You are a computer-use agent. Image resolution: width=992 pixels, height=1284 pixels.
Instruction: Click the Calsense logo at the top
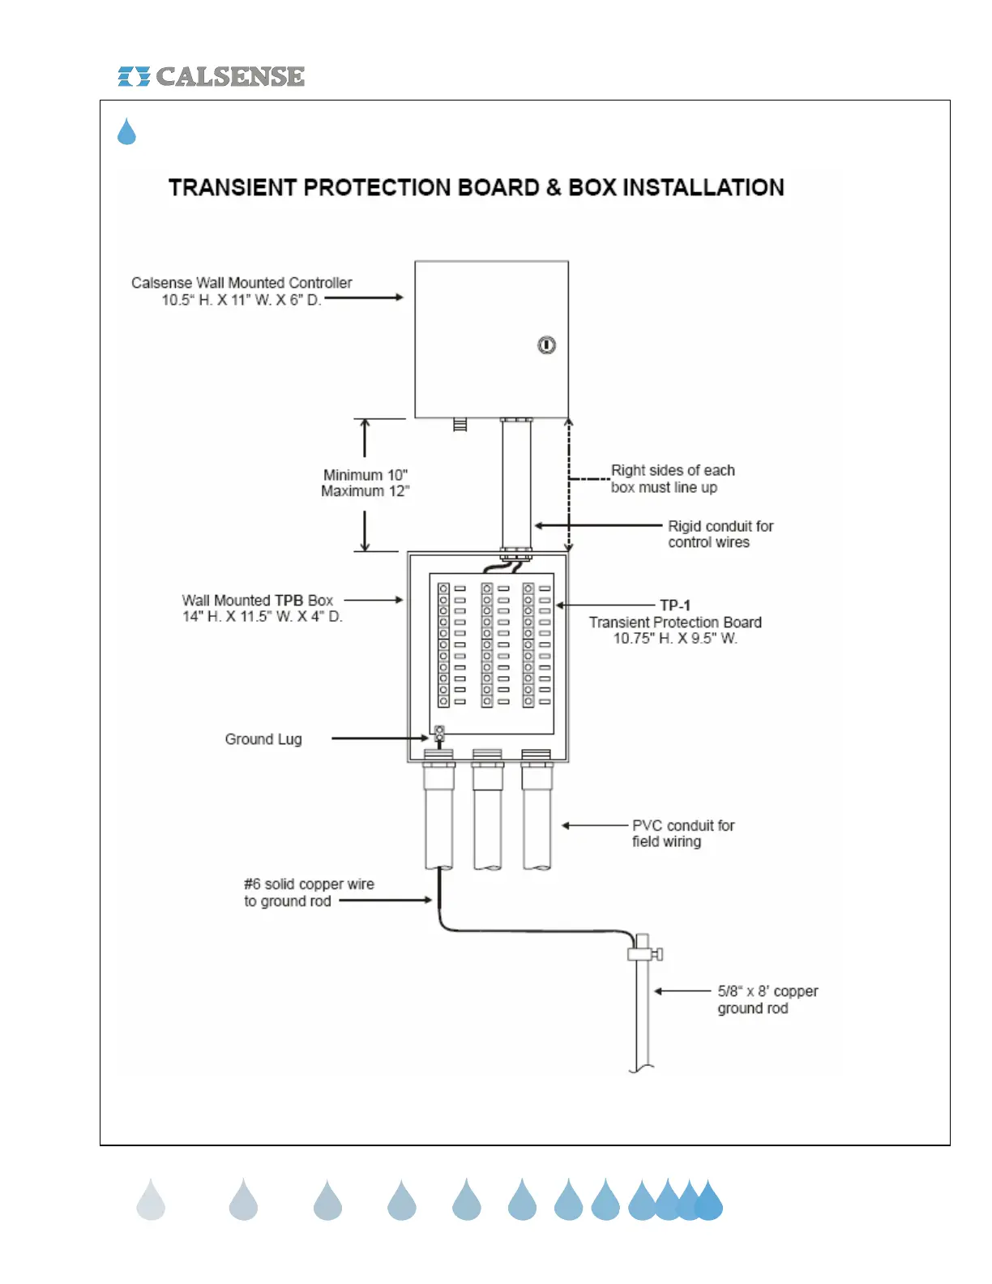pyautogui.click(x=211, y=76)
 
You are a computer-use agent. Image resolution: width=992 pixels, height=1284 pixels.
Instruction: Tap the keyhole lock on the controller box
pyautogui.click(x=547, y=345)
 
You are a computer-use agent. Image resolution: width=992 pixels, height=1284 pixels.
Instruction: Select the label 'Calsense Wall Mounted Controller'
pyautogui.click(x=242, y=283)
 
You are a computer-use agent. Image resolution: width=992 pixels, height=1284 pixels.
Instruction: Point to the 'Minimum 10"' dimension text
pyautogui.click(x=366, y=475)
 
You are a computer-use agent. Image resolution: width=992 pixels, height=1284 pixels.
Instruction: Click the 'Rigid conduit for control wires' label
pyautogui.click(x=720, y=534)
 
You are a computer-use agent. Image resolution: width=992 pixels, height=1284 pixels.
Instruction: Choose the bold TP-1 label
pyautogui.click(x=675, y=605)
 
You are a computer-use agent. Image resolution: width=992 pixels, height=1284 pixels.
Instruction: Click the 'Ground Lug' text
pyautogui.click(x=263, y=739)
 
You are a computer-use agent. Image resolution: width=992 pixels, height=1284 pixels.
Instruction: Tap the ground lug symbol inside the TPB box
pyautogui.click(x=439, y=734)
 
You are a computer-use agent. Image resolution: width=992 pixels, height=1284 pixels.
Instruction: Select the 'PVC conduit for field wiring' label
pyautogui.click(x=683, y=833)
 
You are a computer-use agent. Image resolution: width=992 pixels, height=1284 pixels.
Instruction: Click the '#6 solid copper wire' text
pyautogui.click(x=309, y=884)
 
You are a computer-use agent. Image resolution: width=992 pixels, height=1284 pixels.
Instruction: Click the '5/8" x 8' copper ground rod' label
pyautogui.click(x=767, y=999)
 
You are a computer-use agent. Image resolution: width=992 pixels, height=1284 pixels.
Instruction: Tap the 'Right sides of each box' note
pyautogui.click(x=673, y=478)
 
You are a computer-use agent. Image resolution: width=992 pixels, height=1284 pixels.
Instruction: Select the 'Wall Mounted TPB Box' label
pyautogui.click(x=258, y=601)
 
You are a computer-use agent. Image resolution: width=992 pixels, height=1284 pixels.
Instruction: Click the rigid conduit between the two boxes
pyautogui.click(x=515, y=485)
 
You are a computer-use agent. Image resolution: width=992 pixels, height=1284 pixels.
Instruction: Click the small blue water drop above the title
pyautogui.click(x=126, y=131)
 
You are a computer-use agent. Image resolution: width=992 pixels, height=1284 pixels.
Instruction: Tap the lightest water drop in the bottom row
pyautogui.click(x=151, y=1201)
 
